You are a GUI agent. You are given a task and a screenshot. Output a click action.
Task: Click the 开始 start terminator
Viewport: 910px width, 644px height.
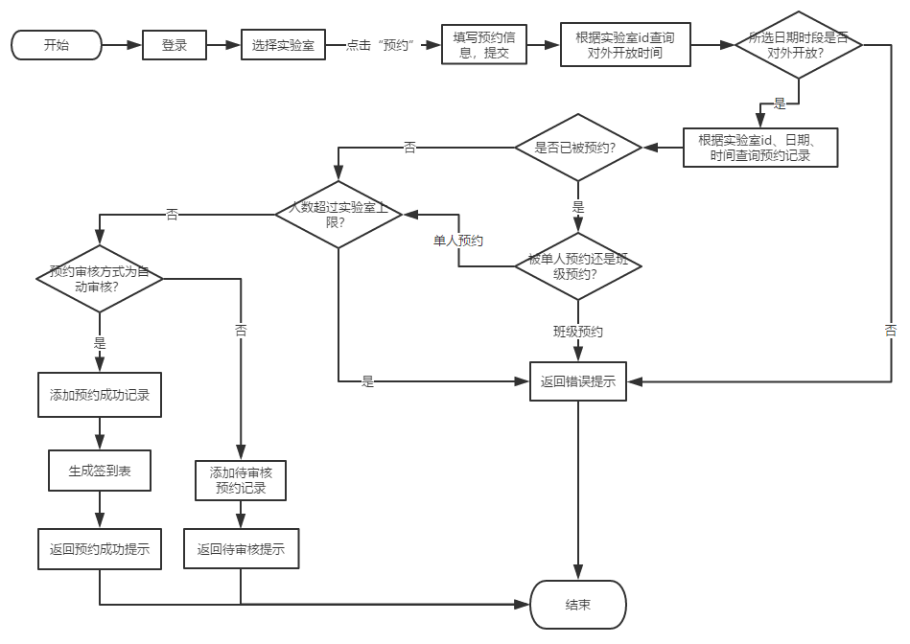[57, 45]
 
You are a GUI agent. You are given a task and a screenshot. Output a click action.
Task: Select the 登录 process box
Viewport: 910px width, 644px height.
[175, 45]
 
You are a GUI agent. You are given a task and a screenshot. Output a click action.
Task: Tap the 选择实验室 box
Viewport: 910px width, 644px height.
[284, 45]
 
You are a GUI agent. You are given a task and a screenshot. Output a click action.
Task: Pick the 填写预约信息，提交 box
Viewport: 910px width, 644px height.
[484, 45]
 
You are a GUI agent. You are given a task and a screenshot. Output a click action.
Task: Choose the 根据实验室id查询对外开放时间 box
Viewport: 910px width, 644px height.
[625, 45]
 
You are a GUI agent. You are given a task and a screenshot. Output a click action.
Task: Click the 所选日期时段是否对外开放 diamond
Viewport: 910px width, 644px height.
[799, 45]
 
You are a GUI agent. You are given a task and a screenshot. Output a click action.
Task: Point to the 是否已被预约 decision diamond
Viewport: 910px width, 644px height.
[578, 148]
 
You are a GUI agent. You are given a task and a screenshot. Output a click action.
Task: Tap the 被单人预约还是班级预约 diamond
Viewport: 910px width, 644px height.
[578, 266]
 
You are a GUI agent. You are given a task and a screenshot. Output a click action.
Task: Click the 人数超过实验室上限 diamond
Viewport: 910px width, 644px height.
[338, 214]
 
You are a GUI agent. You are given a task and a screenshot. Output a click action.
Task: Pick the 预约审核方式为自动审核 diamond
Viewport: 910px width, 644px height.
[100, 279]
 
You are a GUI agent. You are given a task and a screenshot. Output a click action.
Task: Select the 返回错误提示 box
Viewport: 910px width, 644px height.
[578, 381]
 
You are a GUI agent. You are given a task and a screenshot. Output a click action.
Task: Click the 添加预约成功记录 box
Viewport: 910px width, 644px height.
[100, 395]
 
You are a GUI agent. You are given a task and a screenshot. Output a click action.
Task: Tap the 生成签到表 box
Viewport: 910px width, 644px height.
[100, 471]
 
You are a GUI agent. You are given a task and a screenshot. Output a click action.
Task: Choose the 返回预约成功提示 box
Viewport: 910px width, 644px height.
[100, 549]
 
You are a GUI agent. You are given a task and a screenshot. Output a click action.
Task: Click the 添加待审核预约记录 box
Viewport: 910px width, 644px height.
[241, 479]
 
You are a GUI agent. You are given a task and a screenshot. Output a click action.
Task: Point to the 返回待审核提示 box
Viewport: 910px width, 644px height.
[241, 549]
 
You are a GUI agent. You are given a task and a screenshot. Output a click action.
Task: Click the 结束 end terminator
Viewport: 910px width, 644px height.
[578, 605]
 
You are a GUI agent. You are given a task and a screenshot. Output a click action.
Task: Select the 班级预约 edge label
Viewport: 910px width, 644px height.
[578, 332]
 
